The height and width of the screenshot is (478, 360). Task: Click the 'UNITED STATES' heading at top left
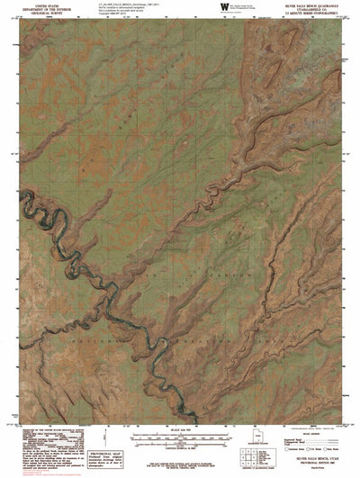click(37, 5)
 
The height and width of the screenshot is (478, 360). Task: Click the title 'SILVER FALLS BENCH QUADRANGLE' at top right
click(306, 5)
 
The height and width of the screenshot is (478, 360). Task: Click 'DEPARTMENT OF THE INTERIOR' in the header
click(37, 9)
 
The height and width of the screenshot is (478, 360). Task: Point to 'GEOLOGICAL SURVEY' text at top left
click(37, 14)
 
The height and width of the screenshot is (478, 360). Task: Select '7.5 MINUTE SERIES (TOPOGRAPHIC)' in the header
click(306, 14)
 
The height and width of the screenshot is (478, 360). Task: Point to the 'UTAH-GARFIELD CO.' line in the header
click(306, 9)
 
